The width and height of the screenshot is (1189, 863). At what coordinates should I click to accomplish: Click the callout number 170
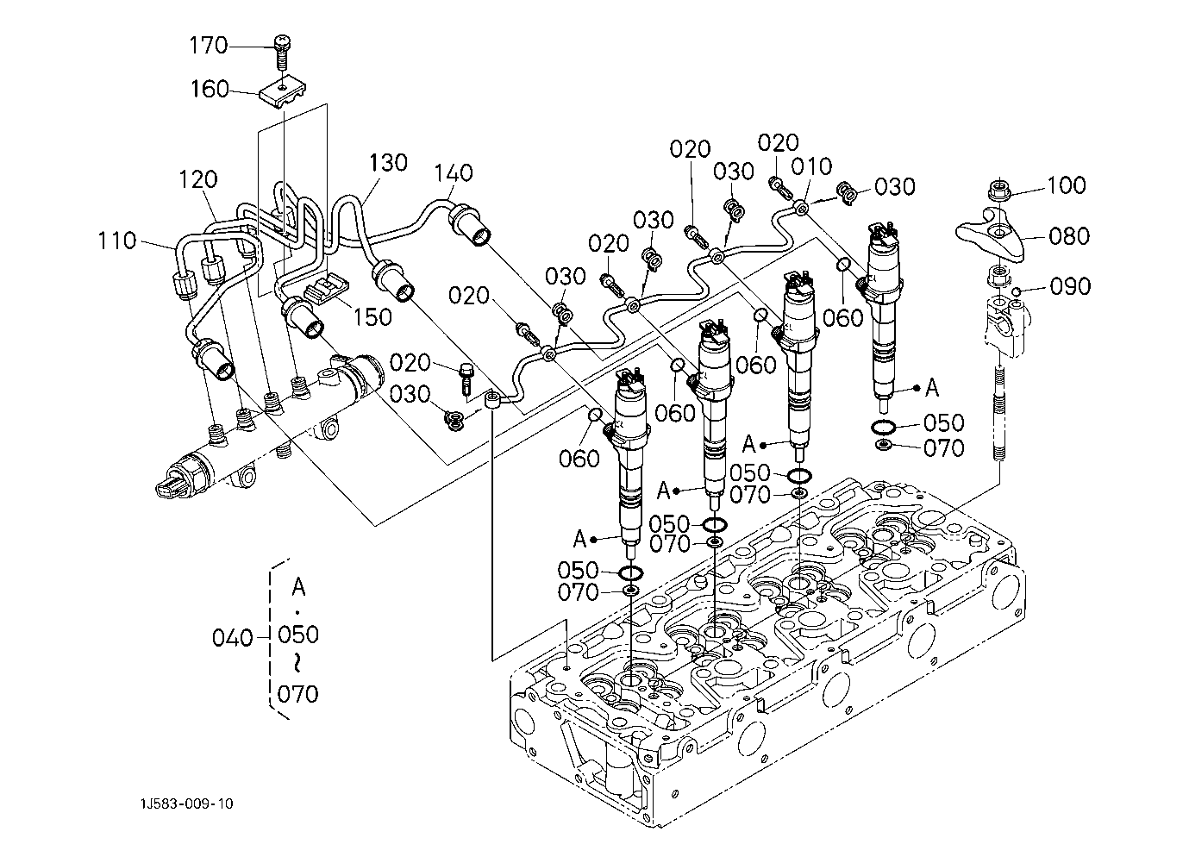pyautogui.click(x=210, y=45)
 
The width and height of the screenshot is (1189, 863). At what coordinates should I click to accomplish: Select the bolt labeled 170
pyautogui.click(x=282, y=51)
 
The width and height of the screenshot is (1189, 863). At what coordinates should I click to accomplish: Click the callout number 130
pyautogui.click(x=388, y=162)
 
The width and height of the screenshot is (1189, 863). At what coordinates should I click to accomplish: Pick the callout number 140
pyautogui.click(x=454, y=173)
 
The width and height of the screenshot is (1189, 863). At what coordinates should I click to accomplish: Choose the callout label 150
pyautogui.click(x=372, y=316)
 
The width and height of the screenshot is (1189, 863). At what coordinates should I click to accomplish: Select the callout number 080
pyautogui.click(x=1070, y=235)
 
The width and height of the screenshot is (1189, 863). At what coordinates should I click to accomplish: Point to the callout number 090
pyautogui.click(x=1070, y=286)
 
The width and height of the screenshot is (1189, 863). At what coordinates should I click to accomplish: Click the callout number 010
pyautogui.click(x=813, y=166)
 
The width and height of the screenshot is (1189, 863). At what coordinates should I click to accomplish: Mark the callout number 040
pyautogui.click(x=233, y=638)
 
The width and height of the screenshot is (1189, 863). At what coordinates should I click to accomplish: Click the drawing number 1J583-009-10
pyautogui.click(x=187, y=804)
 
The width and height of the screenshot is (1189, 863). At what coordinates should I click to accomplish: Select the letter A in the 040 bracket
pyautogui.click(x=298, y=587)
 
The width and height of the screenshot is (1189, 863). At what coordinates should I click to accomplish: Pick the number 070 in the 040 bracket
pyautogui.click(x=298, y=693)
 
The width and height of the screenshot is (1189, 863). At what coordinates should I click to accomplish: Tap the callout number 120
pyautogui.click(x=198, y=180)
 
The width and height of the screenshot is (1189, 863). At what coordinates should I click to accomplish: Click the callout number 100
pyautogui.click(x=1067, y=185)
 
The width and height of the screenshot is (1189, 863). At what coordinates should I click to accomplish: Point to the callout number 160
pyautogui.click(x=210, y=90)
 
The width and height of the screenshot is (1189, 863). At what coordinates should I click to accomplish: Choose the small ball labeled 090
pyautogui.click(x=1017, y=291)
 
